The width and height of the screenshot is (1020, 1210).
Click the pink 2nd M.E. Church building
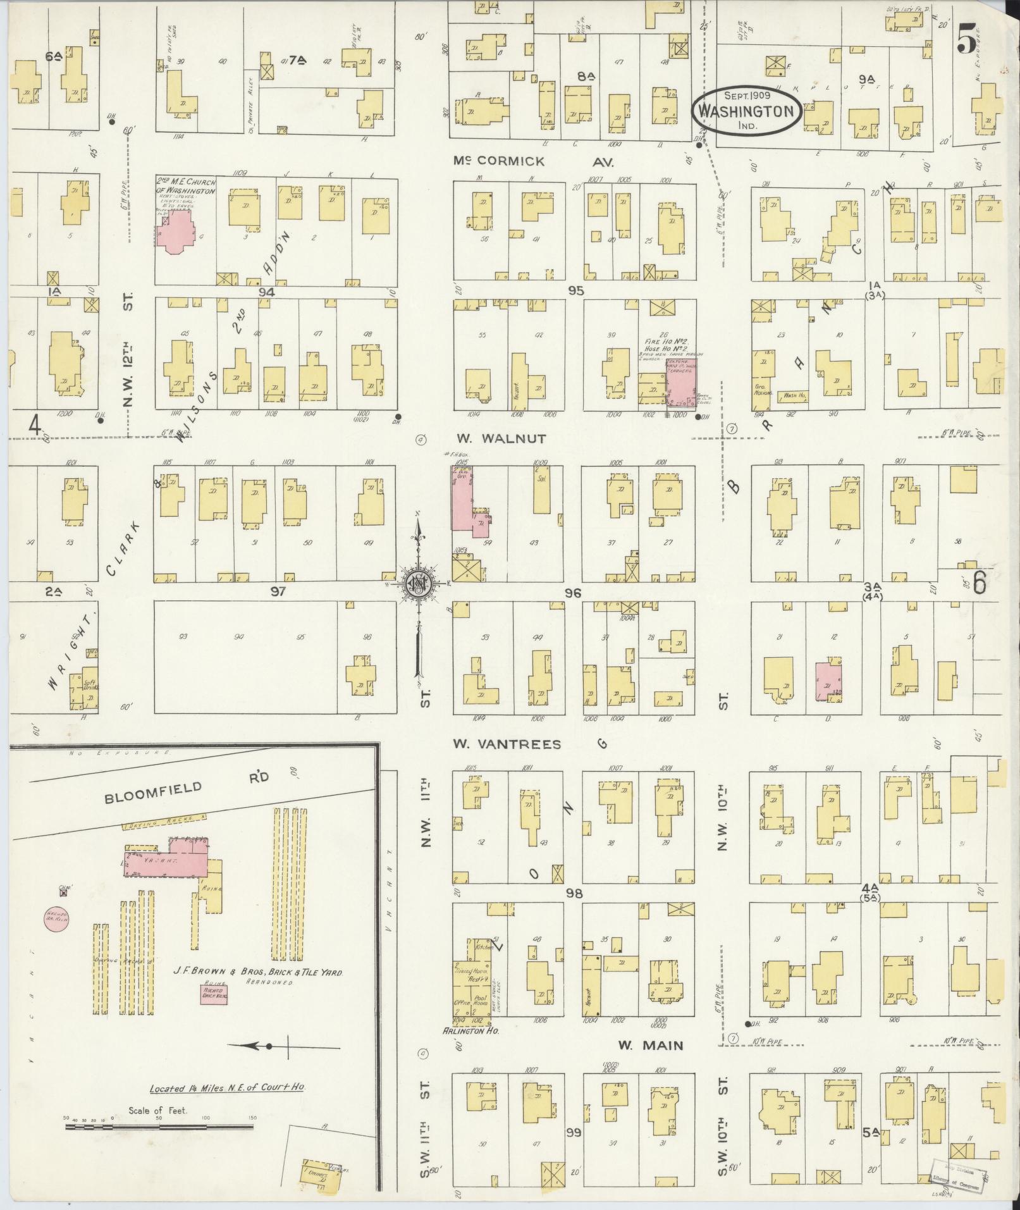click(179, 231)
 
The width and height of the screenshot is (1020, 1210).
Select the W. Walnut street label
click(508, 438)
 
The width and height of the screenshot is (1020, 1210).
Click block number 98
click(574, 893)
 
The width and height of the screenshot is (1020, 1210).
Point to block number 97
click(278, 591)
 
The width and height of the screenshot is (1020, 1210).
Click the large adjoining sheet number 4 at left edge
click(35, 426)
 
